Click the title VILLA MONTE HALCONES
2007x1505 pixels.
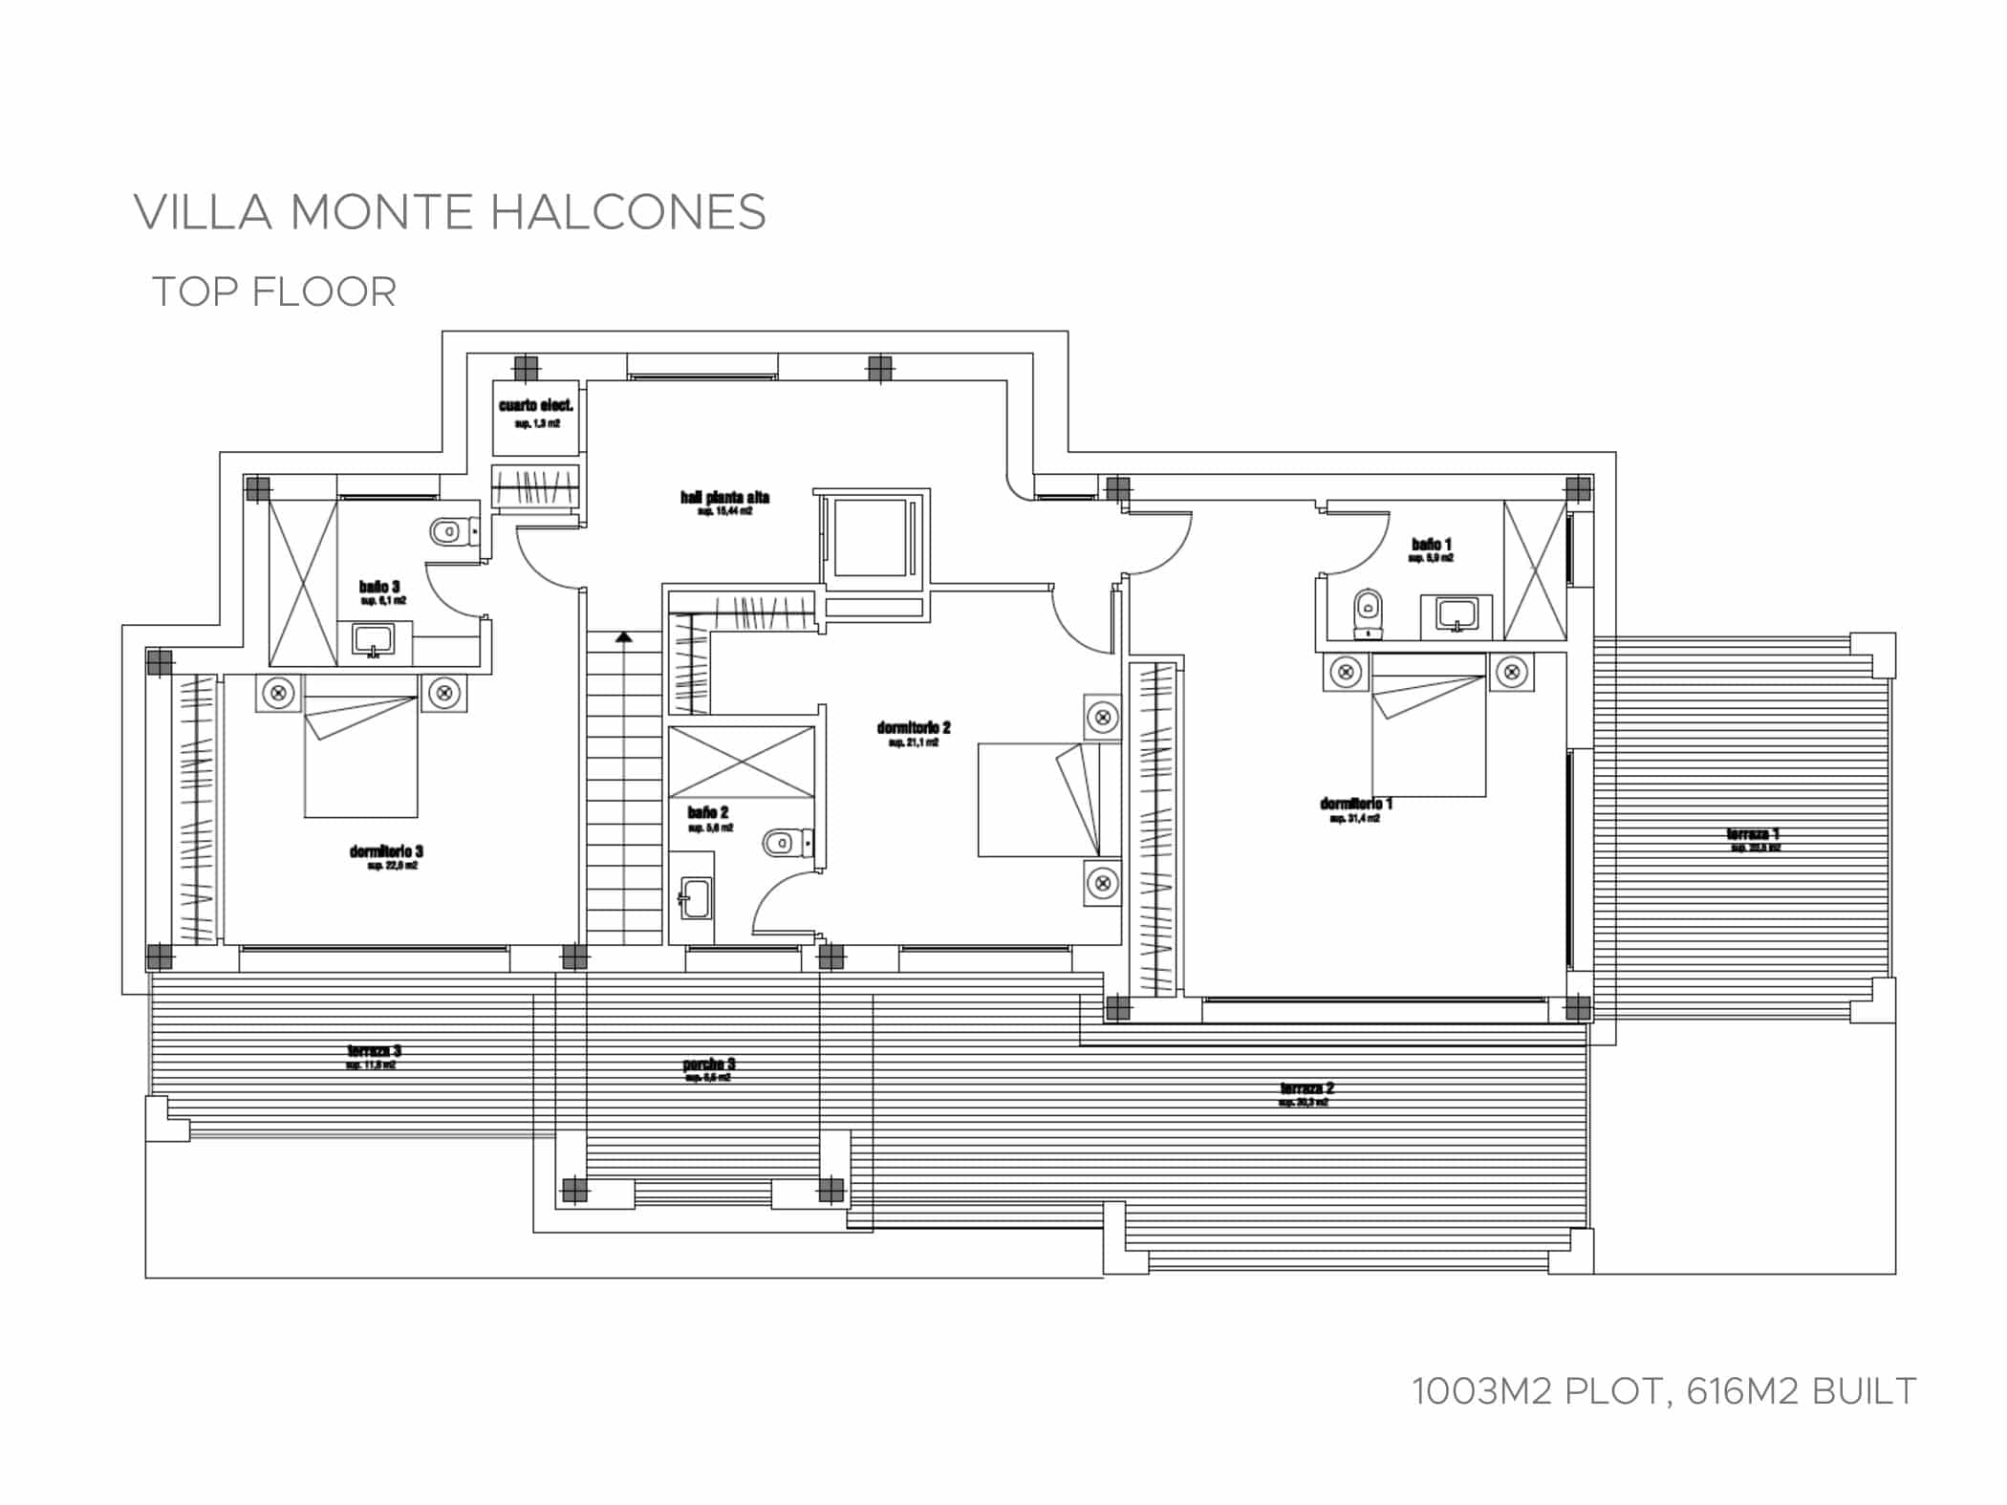[x=449, y=212]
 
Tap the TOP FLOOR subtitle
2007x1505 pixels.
[x=274, y=292]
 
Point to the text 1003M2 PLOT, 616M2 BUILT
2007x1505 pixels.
[x=1663, y=1391]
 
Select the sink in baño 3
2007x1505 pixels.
[x=373, y=640]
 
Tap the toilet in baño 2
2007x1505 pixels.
[x=782, y=843]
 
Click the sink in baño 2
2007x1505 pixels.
[x=693, y=898]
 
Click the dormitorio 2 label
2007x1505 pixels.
[x=913, y=729]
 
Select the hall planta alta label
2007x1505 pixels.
[x=724, y=498]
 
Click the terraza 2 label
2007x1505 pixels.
[x=1306, y=1088]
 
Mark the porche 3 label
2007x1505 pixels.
[x=708, y=1064]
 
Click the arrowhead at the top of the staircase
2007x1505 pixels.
[x=623, y=636]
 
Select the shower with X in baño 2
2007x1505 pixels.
[x=741, y=762]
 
